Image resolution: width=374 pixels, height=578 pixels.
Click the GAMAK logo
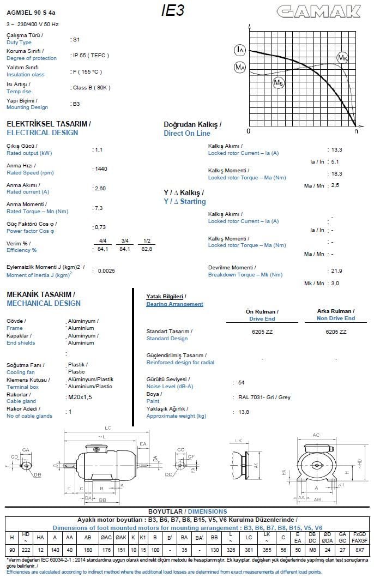(318, 11)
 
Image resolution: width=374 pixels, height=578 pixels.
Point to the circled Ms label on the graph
(279, 82)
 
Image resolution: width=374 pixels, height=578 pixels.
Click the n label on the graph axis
(356, 131)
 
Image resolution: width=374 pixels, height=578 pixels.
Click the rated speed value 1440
(101, 169)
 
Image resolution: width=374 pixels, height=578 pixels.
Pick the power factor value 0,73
(100, 227)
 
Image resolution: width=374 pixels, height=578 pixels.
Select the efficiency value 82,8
(147, 249)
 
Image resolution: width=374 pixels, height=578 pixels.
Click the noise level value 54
(242, 383)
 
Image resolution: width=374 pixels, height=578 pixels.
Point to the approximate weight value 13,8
(244, 412)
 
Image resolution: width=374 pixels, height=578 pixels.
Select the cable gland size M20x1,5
(80, 398)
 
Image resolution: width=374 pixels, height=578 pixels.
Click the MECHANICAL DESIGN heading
(44, 304)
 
